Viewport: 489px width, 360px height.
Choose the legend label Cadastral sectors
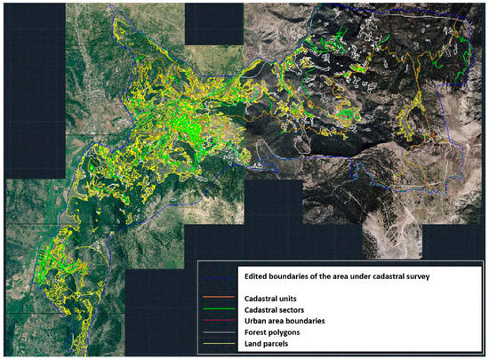pyautogui.click(x=277, y=308)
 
